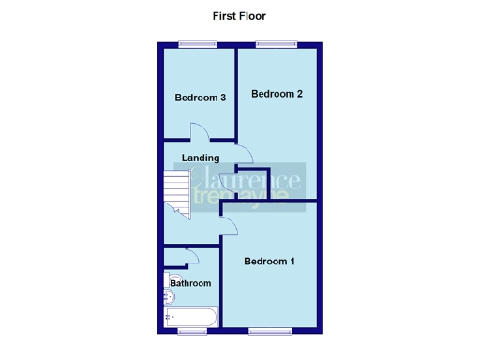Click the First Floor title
pyautogui.click(x=240, y=16)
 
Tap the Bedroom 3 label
pyautogui.click(x=200, y=97)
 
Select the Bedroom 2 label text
pyautogui.click(x=277, y=94)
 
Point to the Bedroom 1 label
pyautogui.click(x=270, y=262)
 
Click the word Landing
pyautogui.click(x=202, y=157)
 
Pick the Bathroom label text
pyautogui.click(x=190, y=283)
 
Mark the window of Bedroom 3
pyautogui.click(x=199, y=44)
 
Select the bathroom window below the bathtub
pyautogui.click(x=193, y=331)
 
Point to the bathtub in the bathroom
pyautogui.click(x=191, y=317)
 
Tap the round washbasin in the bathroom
pyautogui.click(x=168, y=297)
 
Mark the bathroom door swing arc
pyautogui.click(x=192, y=254)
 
